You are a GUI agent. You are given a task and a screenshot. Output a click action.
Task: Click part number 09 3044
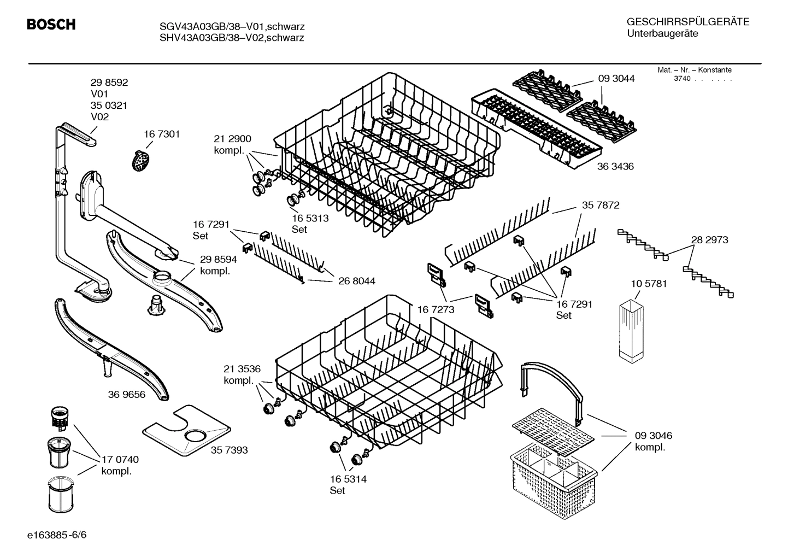[x=616, y=79]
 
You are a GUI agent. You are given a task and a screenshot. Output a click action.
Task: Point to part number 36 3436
[x=615, y=166]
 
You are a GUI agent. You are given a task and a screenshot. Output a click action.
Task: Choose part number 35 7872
[x=601, y=206]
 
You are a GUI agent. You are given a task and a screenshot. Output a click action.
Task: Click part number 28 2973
[x=709, y=240]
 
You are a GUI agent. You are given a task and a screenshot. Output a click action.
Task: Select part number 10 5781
[x=649, y=284]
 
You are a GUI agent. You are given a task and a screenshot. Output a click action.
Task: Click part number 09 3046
[x=653, y=436]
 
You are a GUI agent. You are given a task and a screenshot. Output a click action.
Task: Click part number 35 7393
[x=229, y=450]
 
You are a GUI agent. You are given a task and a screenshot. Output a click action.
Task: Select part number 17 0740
[x=120, y=460]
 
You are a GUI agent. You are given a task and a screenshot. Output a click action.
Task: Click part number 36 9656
[x=127, y=394]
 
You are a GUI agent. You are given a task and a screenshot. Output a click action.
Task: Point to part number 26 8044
[x=357, y=281]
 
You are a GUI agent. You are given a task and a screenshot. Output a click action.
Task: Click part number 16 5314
[x=348, y=479]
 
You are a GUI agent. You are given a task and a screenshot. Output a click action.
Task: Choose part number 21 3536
[x=242, y=368]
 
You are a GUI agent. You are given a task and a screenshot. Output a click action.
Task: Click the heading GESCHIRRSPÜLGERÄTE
[x=687, y=22]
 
